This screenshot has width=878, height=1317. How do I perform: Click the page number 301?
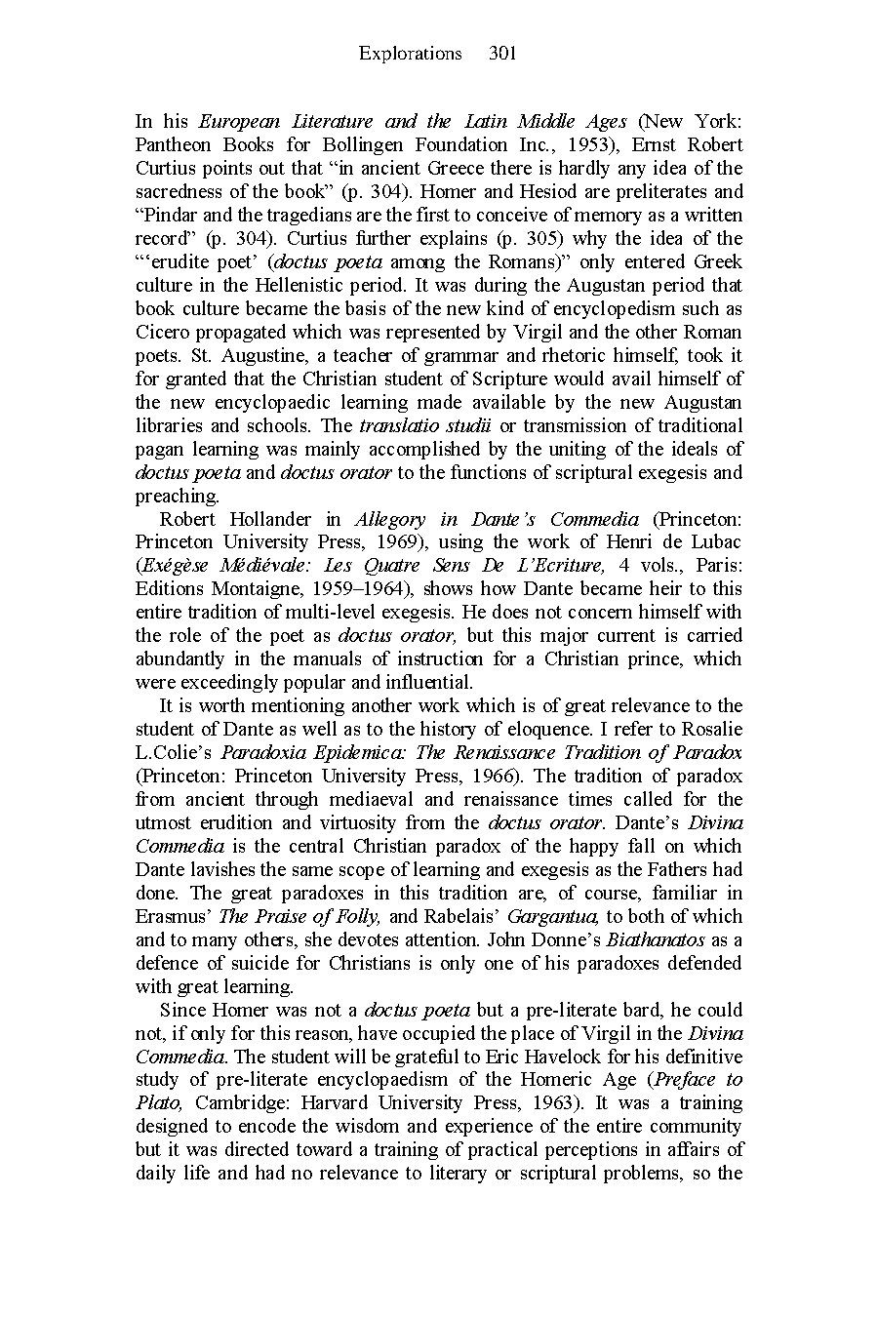(x=501, y=54)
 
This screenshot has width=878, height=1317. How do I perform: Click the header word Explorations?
(x=410, y=54)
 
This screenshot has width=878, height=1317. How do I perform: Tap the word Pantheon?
(x=173, y=144)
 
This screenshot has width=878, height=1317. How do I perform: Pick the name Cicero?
(x=163, y=332)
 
